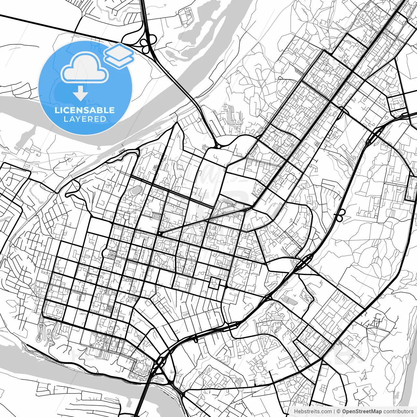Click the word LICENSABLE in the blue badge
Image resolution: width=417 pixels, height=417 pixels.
point(85,110)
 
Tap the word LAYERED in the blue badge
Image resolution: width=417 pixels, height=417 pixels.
point(85,119)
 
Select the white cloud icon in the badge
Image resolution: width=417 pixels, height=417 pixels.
point(85,68)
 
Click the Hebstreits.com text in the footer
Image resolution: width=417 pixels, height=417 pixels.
point(313,411)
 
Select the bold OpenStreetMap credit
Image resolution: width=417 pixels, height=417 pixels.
point(362,411)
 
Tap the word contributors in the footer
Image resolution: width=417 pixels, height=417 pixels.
point(398,411)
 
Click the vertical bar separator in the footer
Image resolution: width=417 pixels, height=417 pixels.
point(334,411)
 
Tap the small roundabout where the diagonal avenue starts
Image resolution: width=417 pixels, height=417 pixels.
point(160,234)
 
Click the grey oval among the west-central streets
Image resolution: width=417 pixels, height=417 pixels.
point(137,189)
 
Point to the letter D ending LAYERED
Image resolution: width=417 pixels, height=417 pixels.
point(103,119)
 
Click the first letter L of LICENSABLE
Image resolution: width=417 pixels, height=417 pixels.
point(57,110)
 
